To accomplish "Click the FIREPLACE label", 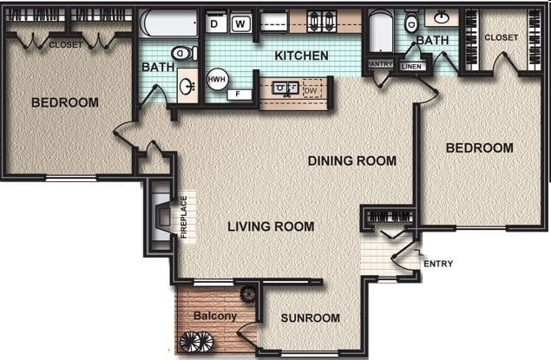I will click(x=184, y=217).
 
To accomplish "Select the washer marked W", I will click(x=240, y=23).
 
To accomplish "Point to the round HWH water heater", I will click(x=216, y=79).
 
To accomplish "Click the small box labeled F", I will click(x=239, y=95).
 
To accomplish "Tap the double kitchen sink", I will click(x=283, y=88).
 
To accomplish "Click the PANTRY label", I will click(x=380, y=64).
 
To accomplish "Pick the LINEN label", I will click(x=413, y=66).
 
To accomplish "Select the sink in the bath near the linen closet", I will click(x=442, y=17).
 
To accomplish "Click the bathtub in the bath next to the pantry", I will click(x=380, y=32).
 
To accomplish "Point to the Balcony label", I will click(x=214, y=316).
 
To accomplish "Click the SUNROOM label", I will click(x=310, y=318).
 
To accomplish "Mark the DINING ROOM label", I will click(x=351, y=160).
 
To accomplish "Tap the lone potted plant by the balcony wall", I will click(x=249, y=293).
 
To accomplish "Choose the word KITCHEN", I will click(x=301, y=56).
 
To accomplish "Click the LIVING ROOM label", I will click(x=271, y=226).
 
